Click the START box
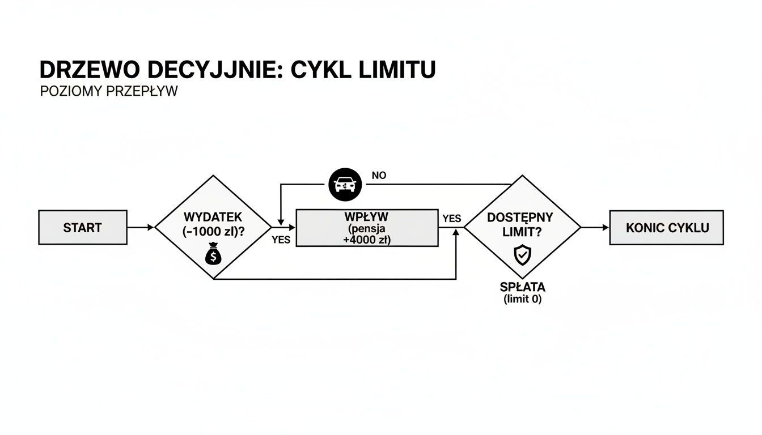83,227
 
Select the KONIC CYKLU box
666,227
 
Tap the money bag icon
213,254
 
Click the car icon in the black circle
345,185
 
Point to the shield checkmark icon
522,254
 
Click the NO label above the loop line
379,176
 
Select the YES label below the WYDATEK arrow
281,240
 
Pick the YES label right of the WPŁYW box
452,218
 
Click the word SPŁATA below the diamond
523,287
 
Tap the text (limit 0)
523,300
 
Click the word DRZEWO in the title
90,70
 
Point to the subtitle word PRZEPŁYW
142,91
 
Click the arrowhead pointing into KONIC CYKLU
606,227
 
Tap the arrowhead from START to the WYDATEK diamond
151,227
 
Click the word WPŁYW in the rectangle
366,216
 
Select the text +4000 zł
366,240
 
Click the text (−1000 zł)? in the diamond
213,232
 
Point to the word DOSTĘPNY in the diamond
520,217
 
